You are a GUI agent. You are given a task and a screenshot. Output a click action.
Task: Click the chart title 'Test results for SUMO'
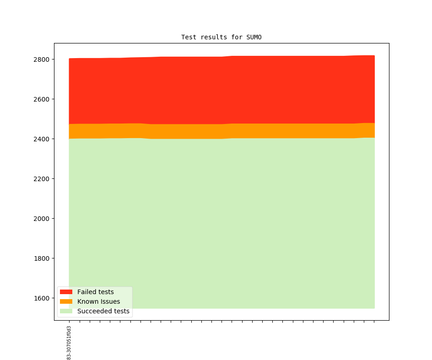221,37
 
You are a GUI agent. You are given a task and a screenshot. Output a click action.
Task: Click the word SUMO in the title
254,37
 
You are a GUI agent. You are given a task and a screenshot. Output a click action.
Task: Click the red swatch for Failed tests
66,292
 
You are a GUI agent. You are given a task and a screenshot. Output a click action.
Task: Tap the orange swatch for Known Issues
66,301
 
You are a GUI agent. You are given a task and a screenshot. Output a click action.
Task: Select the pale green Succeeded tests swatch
66,311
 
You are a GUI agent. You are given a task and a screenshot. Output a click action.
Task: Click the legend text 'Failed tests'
95,292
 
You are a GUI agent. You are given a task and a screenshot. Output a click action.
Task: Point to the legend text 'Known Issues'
98,301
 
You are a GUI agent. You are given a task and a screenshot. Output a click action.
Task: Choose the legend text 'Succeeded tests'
103,311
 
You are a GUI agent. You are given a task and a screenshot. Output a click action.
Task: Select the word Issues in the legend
109,301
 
